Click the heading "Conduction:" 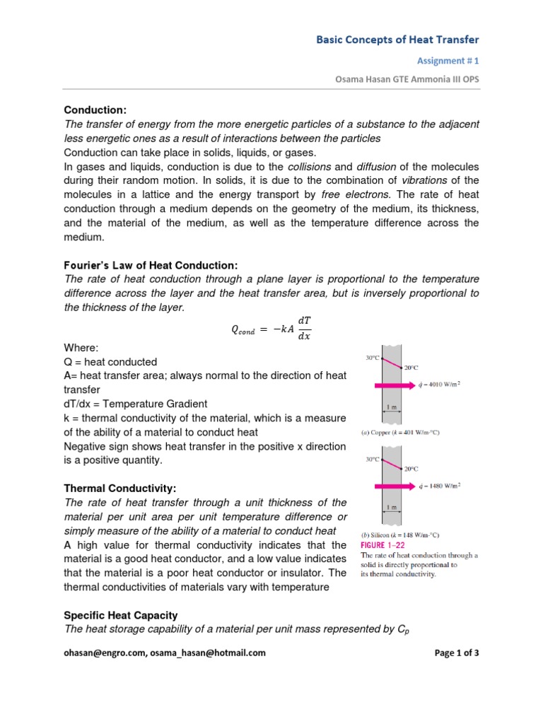(x=95, y=110)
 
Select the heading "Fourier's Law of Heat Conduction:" (x=151, y=265)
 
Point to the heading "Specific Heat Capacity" (x=121, y=615)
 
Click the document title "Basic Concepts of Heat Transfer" (x=397, y=40)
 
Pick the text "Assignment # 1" (x=449, y=62)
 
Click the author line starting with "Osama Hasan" (x=407, y=79)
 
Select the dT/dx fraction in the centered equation (x=303, y=327)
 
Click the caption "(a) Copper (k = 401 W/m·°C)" (x=396, y=432)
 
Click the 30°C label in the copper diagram (x=373, y=358)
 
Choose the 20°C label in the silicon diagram (x=410, y=468)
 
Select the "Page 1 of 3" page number (x=456, y=653)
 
